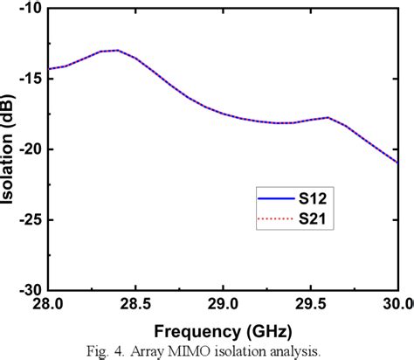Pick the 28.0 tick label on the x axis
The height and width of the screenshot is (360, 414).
[x=49, y=303]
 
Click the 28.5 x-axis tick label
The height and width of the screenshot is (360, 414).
[x=136, y=303]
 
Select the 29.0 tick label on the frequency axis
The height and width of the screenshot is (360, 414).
[x=224, y=303]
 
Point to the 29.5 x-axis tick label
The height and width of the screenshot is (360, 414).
[x=311, y=303]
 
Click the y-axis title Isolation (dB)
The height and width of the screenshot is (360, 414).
[x=9, y=149]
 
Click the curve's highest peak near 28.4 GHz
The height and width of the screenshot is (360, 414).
[x=117, y=50]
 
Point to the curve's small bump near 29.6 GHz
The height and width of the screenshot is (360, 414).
[x=328, y=117]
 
